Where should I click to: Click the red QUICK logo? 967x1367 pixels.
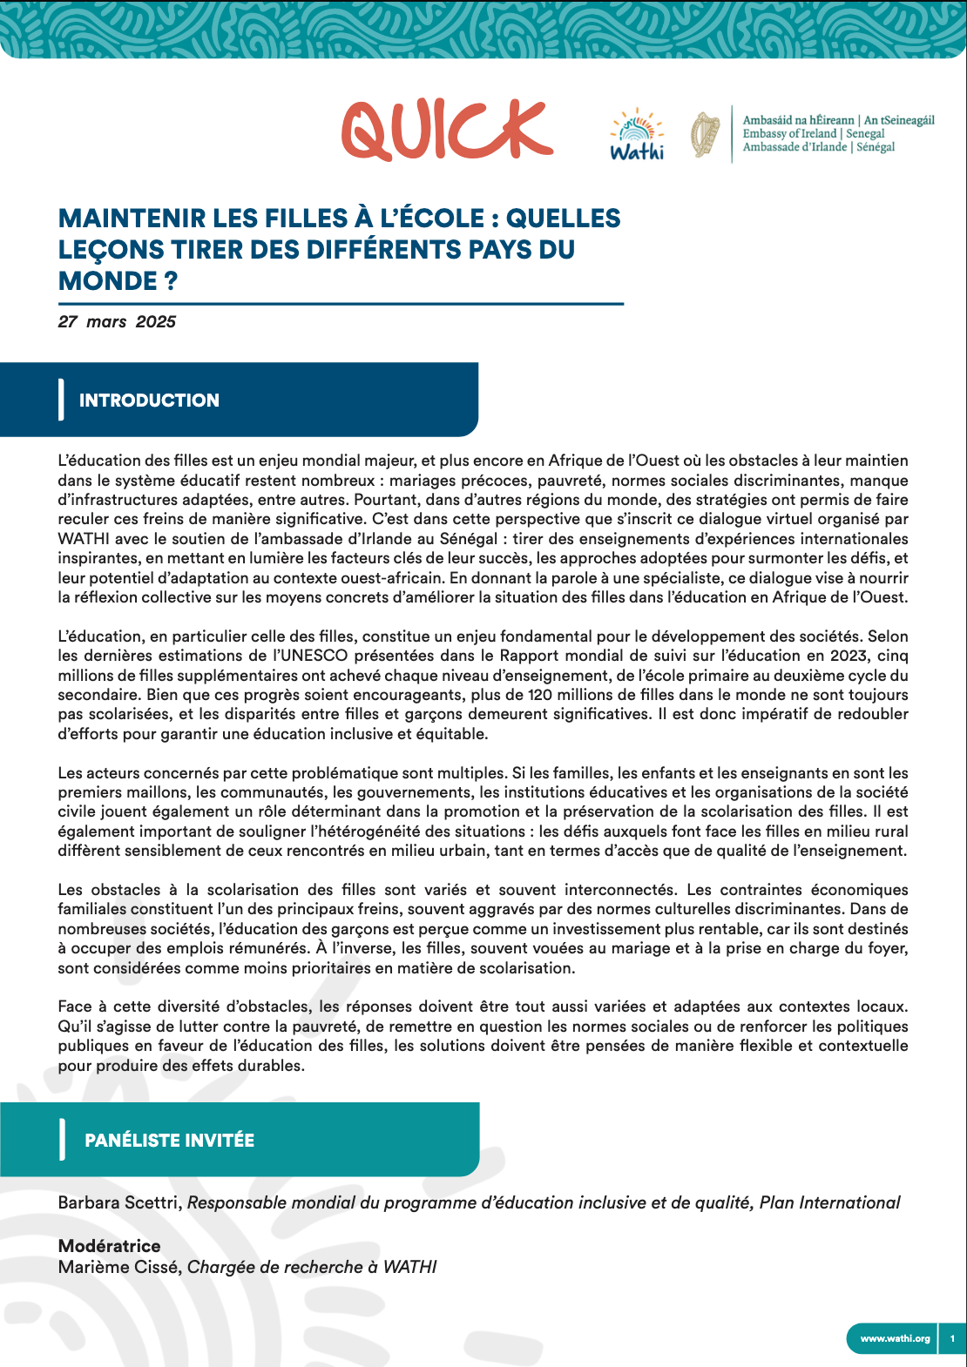pos(447,131)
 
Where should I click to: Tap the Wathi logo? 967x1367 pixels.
pos(637,135)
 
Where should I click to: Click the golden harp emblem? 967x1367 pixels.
pos(705,135)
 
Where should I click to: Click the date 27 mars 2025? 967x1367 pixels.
pos(117,322)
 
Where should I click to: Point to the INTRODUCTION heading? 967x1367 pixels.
pos(149,401)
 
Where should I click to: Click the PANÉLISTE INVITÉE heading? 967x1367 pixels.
pos(169,1141)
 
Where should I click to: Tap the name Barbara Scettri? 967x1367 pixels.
pos(119,1203)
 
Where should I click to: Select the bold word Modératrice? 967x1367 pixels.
pos(109,1246)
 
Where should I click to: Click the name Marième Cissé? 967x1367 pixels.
pos(119,1268)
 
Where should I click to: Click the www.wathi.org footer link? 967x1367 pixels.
pos(895,1338)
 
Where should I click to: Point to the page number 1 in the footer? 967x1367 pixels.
pos(952,1338)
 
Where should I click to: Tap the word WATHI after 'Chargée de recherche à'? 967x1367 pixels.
pos(409,1268)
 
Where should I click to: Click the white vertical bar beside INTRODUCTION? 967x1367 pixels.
pos(61,400)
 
